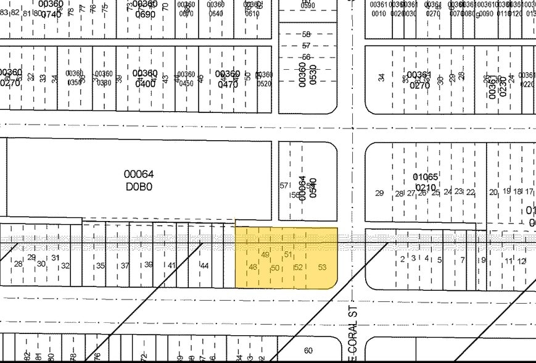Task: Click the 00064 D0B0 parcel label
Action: (138, 180)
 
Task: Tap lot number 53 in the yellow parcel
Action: (322, 267)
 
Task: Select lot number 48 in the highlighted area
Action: (253, 267)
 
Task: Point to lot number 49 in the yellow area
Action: (266, 255)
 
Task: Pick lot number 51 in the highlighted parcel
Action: (288, 254)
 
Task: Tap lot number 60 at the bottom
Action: (308, 351)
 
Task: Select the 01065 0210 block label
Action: (425, 182)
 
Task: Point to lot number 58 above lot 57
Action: (307, 35)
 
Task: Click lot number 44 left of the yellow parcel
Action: (205, 265)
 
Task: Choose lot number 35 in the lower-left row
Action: (100, 266)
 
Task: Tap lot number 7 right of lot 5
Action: (462, 260)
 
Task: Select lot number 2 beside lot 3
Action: (402, 259)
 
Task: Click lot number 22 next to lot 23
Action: (471, 192)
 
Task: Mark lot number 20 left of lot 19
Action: (493, 192)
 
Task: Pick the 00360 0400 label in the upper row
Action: (146, 78)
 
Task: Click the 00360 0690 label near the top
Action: (146, 9)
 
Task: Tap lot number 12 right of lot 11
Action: (521, 261)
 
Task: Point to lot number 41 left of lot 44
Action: (171, 265)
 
